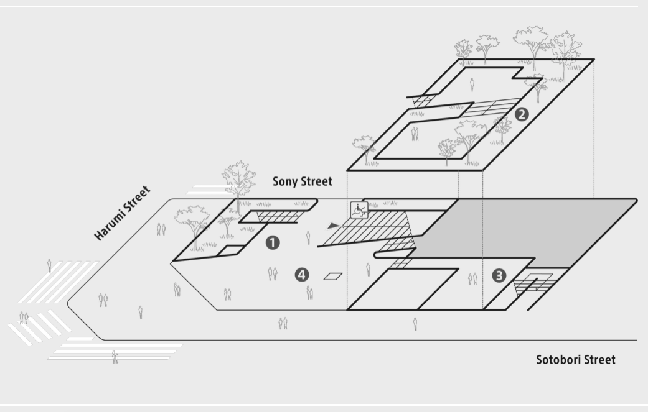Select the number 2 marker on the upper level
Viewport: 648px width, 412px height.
tap(522, 114)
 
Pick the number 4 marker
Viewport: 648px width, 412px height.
tap(302, 274)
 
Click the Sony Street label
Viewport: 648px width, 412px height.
tap(302, 182)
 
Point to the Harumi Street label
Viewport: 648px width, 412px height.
tap(123, 213)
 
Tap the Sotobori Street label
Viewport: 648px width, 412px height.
tap(575, 360)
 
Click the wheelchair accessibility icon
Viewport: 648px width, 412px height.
tap(359, 209)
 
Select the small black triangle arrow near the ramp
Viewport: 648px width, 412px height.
tap(335, 226)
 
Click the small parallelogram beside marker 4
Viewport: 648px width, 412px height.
tap(334, 276)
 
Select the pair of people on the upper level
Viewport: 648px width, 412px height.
tap(415, 133)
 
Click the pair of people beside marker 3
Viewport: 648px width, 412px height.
tap(473, 278)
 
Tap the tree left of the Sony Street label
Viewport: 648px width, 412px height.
tap(238, 178)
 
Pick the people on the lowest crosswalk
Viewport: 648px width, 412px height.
tap(115, 357)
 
